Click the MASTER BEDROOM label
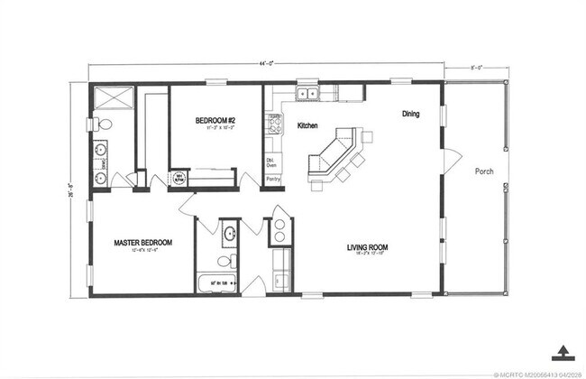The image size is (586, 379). [x=142, y=243]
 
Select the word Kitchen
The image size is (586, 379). [x=308, y=125]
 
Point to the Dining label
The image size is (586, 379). [x=410, y=115]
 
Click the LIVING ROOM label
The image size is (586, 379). [x=367, y=246]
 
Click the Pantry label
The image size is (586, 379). [x=272, y=180]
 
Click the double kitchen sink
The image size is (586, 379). [x=309, y=93]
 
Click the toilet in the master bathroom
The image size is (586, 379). [x=103, y=125]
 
